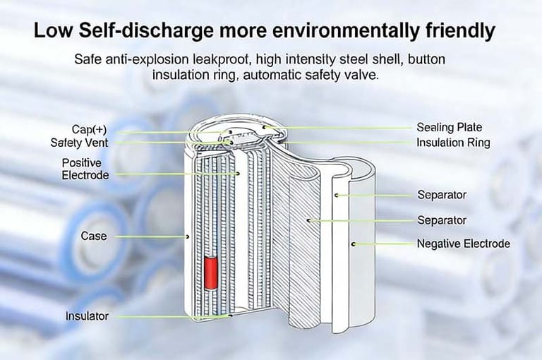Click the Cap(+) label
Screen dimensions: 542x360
coord(89,129)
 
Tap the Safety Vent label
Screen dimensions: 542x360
coord(79,143)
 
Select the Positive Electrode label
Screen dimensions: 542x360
coord(85,169)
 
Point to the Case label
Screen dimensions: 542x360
coord(94,236)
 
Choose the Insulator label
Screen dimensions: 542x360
coord(87,316)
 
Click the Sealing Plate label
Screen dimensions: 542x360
coord(450,127)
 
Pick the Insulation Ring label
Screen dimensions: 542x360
coord(454,143)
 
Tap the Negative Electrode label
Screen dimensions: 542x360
coord(464,244)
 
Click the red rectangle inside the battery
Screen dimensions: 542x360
coord(210,273)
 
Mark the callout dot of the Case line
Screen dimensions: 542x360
coord(187,237)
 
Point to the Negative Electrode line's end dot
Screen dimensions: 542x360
coord(354,244)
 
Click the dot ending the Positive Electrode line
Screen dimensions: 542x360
coord(238,173)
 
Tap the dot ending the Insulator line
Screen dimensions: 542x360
coord(231,316)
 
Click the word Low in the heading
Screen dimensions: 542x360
coord(53,30)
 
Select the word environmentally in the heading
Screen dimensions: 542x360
coord(345,31)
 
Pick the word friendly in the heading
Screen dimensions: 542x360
coord(460,31)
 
